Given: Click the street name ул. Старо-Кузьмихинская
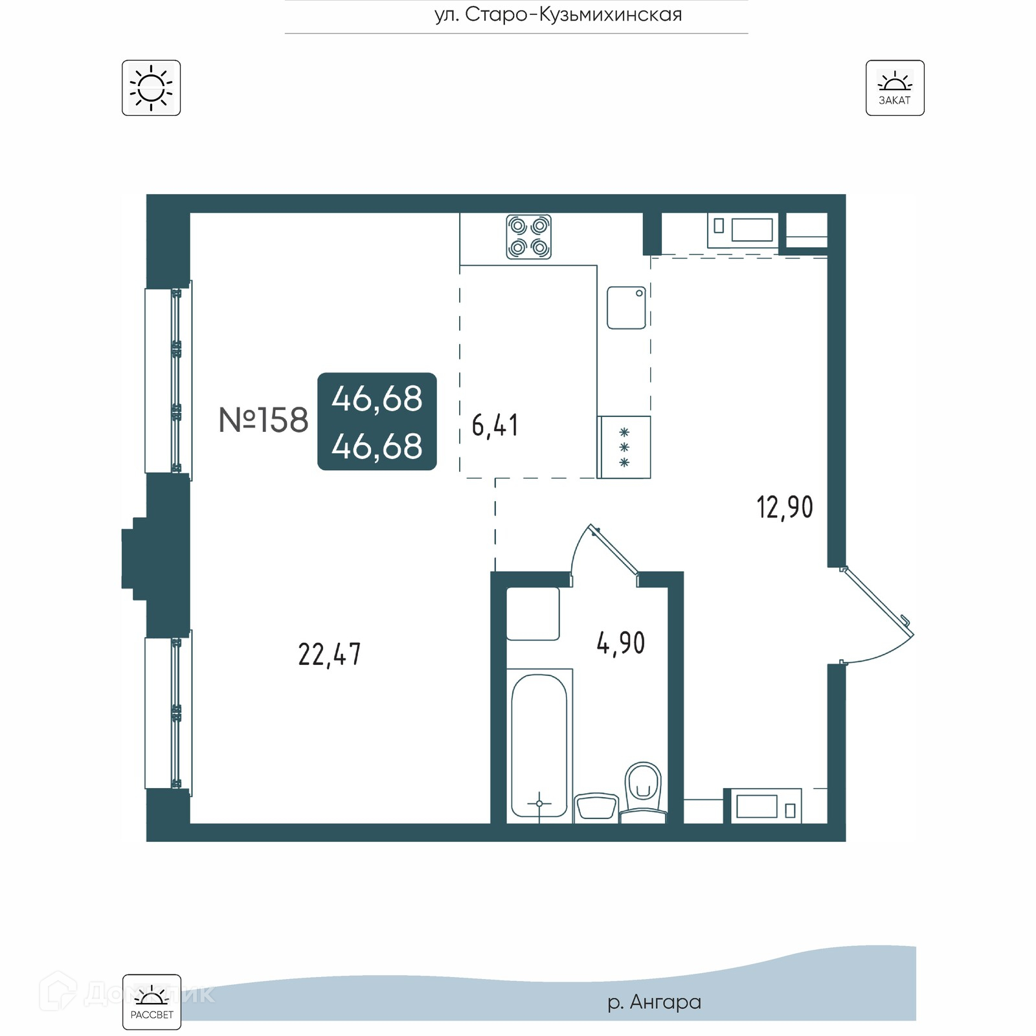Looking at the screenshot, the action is pos(558,14).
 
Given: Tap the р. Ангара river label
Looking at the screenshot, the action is pos(654,1002).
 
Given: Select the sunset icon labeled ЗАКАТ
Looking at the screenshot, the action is pos(895,88).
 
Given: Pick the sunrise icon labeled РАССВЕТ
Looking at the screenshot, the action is pos(152,1002).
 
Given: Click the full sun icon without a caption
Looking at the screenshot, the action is pos(151,88).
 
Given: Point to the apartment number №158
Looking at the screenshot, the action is pos(264,420).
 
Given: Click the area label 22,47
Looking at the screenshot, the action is pos(330,655).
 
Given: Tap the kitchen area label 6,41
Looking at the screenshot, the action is pos(495,425).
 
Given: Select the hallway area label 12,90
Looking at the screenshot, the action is pos(785,507).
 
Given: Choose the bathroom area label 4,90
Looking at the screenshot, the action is pos(620,643).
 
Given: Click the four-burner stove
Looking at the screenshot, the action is pos(528,237).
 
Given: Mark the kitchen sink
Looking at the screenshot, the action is pos(626,308).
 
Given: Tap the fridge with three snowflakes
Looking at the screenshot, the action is pos(624,447).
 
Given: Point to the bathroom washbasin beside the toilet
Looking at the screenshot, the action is pos(596,807).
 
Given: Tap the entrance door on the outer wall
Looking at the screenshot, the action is pos(877,615).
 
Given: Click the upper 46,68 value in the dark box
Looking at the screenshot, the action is pos(377,398).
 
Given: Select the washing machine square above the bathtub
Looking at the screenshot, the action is pos(533,614).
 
